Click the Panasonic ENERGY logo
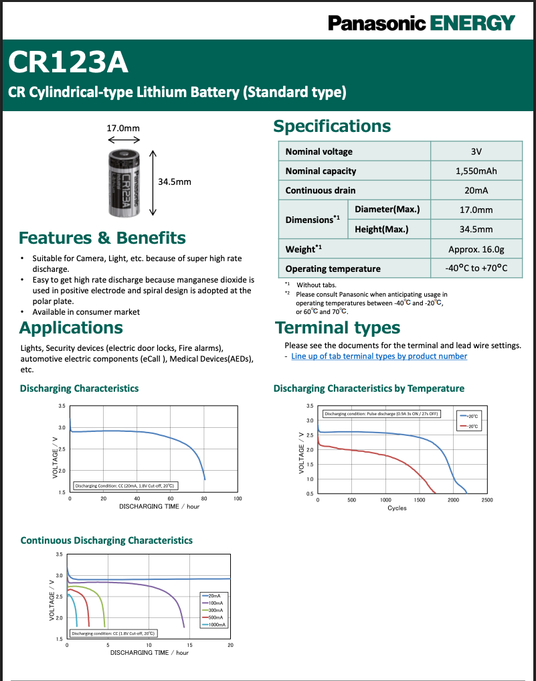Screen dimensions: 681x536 (421, 23)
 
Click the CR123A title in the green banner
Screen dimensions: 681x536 (68, 63)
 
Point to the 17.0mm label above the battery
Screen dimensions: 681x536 (124, 127)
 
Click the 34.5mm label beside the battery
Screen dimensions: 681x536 (174, 181)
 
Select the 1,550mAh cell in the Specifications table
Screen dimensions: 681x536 (476, 171)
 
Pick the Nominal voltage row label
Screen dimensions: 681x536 (319, 151)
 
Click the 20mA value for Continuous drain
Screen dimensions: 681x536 (476, 190)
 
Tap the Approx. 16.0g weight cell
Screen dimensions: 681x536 (476, 249)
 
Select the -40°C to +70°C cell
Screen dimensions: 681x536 (476, 269)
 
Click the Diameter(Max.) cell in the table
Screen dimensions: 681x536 (387, 210)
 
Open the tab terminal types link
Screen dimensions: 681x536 (379, 356)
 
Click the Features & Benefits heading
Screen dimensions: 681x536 (102, 238)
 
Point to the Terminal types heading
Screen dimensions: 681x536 (338, 327)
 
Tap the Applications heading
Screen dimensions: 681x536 (71, 327)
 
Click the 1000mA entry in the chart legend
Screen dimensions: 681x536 (216, 624)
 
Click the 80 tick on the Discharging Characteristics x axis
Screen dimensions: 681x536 (204, 499)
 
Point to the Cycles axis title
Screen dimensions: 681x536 (397, 508)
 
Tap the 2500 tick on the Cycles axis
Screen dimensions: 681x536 (487, 500)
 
